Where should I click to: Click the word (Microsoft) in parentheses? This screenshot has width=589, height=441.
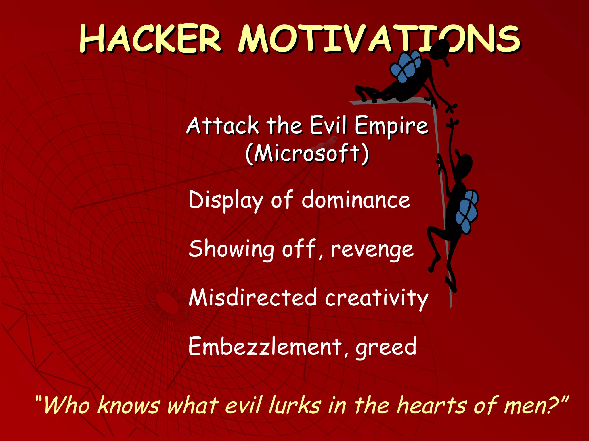[307, 154]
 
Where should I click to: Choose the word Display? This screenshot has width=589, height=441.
[226, 200]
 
